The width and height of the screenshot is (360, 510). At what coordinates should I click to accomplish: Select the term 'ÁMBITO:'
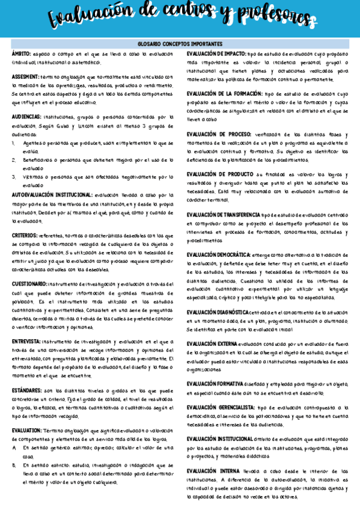(x=22, y=54)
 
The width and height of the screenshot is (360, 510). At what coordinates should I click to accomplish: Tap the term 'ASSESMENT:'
(x=26, y=78)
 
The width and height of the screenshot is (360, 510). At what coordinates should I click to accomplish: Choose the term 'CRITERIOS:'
(x=24, y=235)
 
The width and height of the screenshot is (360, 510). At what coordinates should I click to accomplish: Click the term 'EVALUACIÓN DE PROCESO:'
(x=220, y=134)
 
